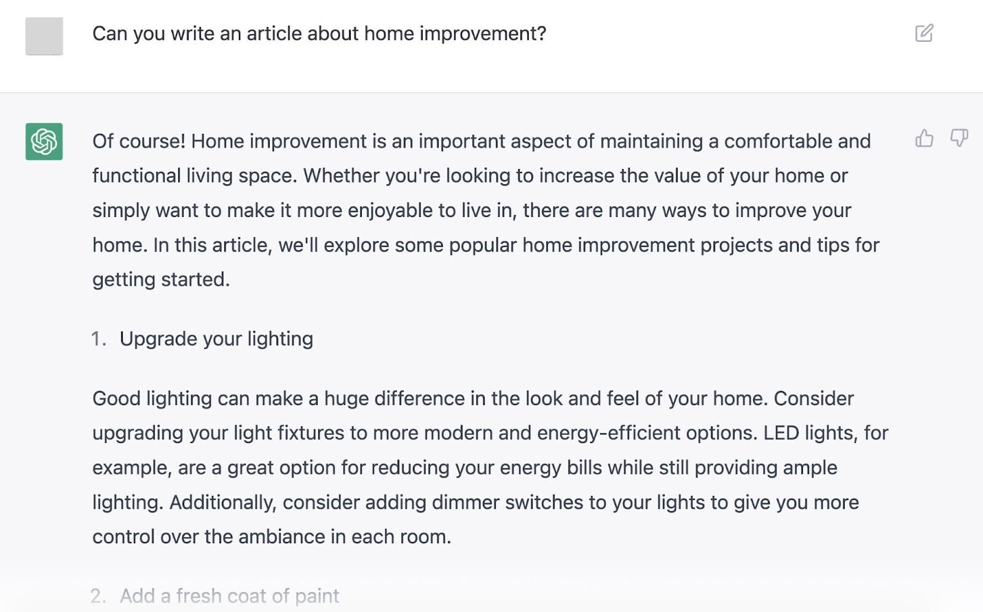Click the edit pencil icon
tap(924, 33)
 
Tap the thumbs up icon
tap(924, 138)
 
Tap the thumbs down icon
tap(959, 138)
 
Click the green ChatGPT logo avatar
tap(44, 141)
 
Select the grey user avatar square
tap(44, 36)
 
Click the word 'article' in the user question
tap(274, 34)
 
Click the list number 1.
tap(98, 339)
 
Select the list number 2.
tap(98, 596)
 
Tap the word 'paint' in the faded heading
tap(317, 597)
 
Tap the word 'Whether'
tap(342, 176)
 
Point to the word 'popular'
tap(483, 246)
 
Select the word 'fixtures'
tap(311, 433)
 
